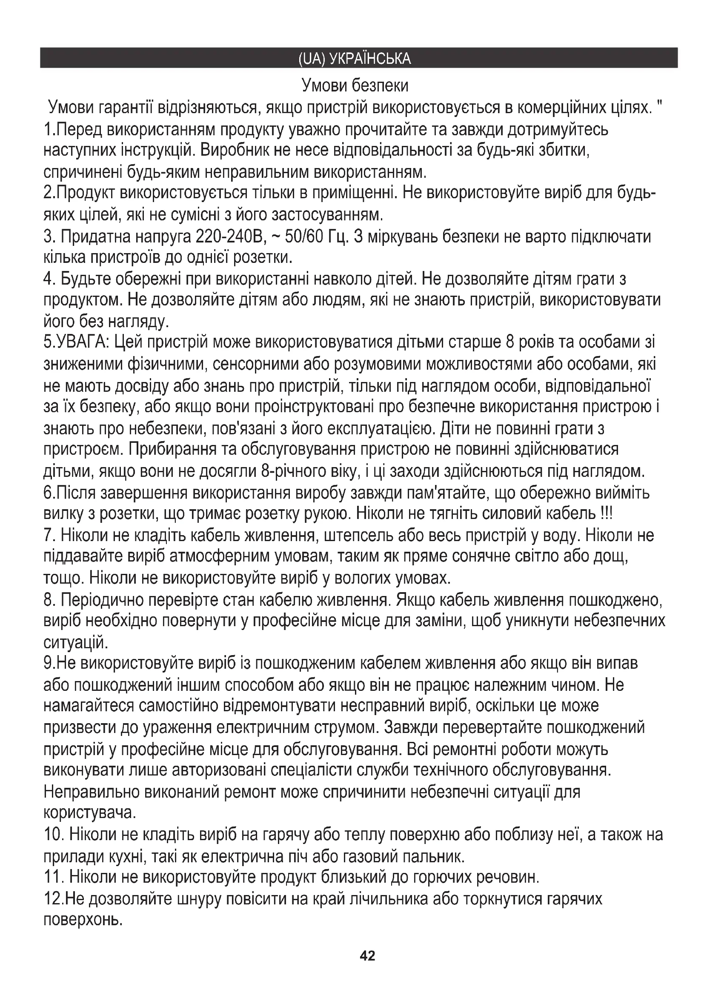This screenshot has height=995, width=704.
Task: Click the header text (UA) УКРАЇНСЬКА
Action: point(355,59)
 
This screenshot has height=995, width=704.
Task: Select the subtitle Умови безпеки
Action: point(355,86)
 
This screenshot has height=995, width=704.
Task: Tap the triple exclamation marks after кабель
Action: point(607,514)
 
